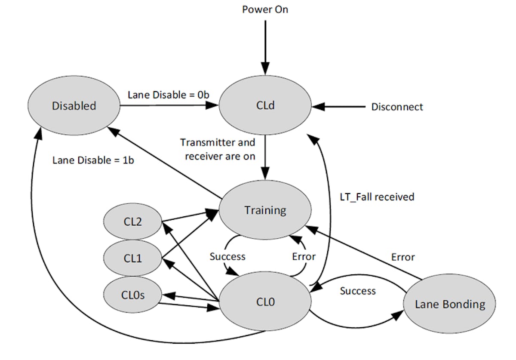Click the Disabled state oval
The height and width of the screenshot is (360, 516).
pyautogui.click(x=74, y=106)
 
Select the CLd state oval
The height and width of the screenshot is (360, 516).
pyautogui.click(x=265, y=106)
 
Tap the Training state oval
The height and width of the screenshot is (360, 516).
pyautogui.click(x=265, y=210)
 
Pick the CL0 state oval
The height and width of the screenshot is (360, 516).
pyautogui.click(x=265, y=302)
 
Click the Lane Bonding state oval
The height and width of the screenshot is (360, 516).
pyautogui.click(x=450, y=305)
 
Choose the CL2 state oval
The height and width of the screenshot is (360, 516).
pyautogui.click(x=133, y=222)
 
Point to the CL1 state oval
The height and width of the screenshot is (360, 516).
pyautogui.click(x=133, y=258)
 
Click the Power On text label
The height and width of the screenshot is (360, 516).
pyautogui.click(x=265, y=9)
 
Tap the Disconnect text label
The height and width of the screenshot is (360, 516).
pyautogui.click(x=397, y=107)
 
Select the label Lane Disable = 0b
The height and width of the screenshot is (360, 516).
pyautogui.click(x=168, y=95)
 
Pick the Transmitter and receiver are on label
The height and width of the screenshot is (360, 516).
pyautogui.click(x=218, y=149)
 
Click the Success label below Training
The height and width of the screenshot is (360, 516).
pyautogui.click(x=227, y=256)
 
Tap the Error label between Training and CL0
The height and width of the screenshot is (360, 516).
pyautogui.click(x=304, y=256)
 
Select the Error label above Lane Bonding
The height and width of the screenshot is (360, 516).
pyautogui.click(x=403, y=257)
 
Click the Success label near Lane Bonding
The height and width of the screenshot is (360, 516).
pyautogui.click(x=358, y=291)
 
